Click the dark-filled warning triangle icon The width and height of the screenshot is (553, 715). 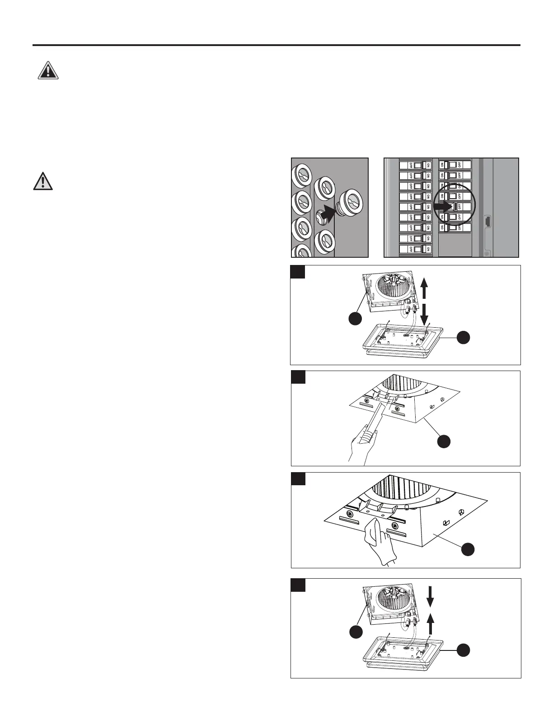pyautogui.click(x=47, y=71)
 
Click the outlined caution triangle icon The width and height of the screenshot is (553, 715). pyautogui.click(x=43, y=181)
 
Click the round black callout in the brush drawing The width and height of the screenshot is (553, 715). pyautogui.click(x=444, y=441)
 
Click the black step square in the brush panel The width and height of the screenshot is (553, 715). pyautogui.click(x=298, y=377)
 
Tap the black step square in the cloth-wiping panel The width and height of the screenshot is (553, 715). pyautogui.click(x=298, y=478)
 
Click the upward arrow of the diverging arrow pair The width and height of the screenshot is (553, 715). pyautogui.click(x=424, y=288)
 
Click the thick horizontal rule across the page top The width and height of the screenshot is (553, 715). pyautogui.click(x=276, y=45)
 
